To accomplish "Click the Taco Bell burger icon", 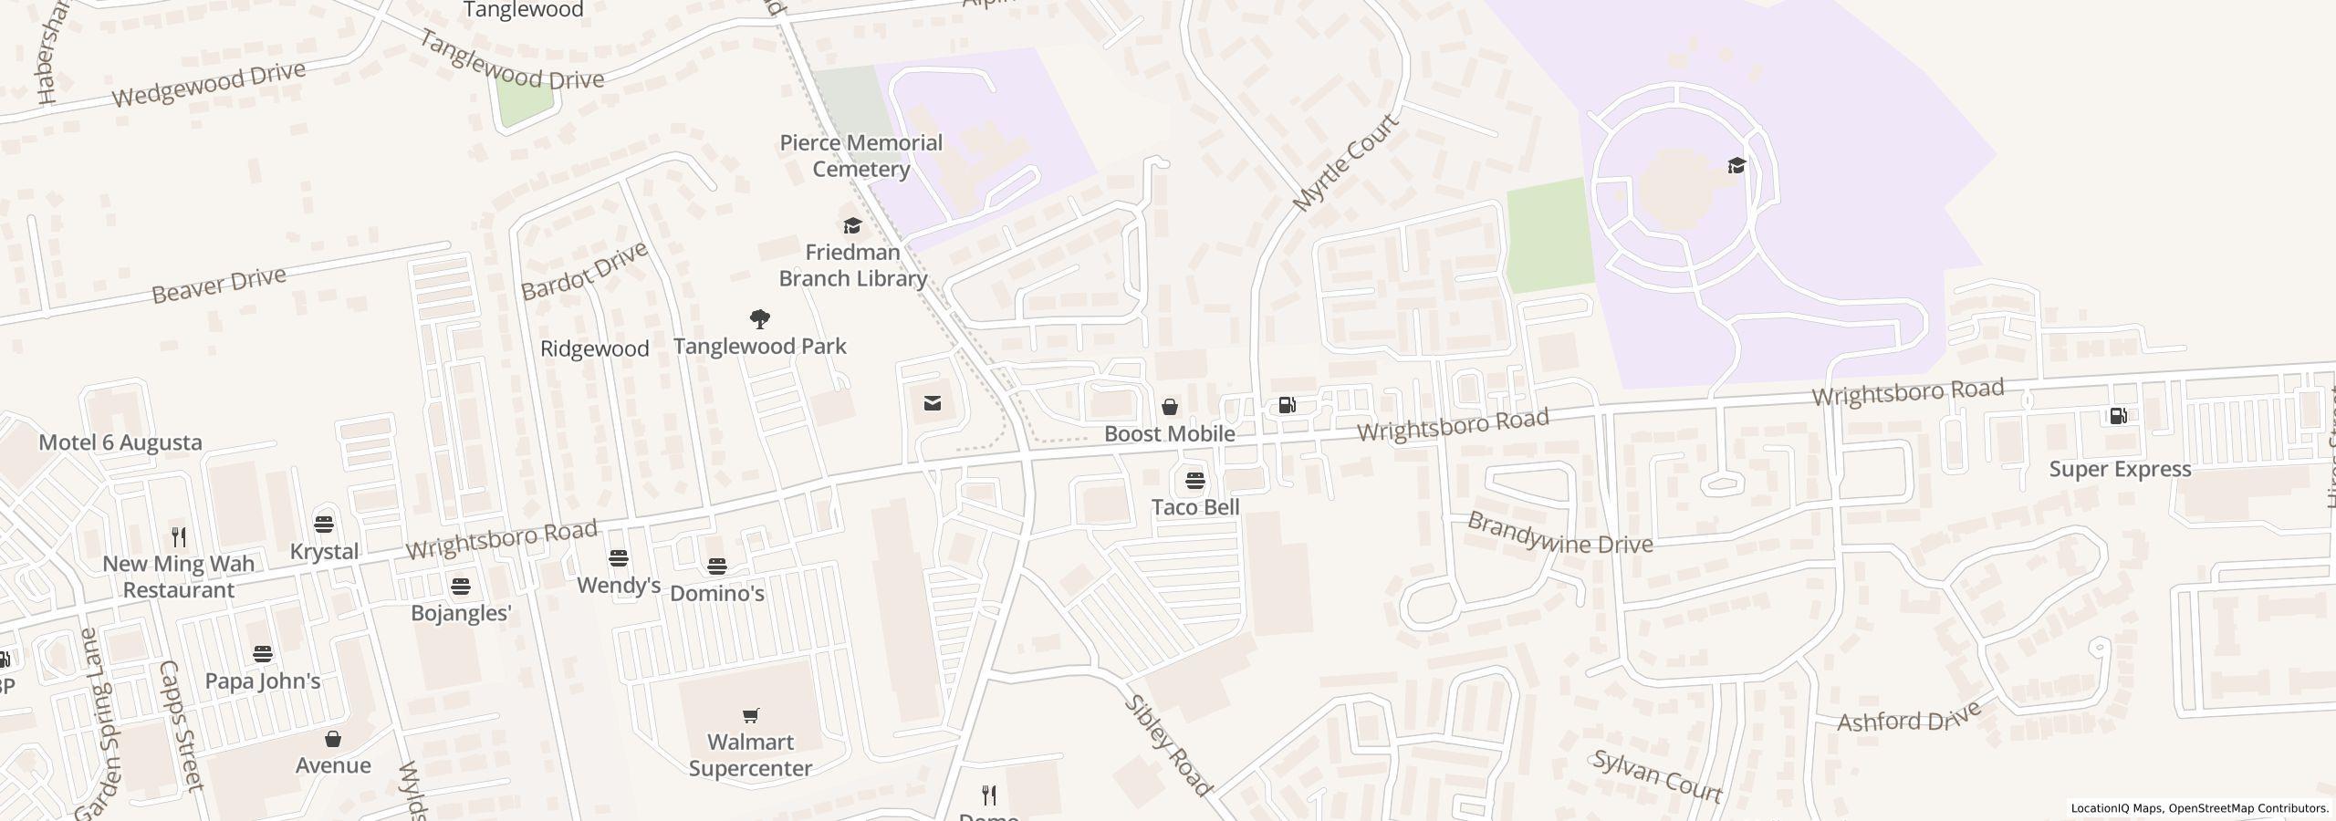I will point(1194,480).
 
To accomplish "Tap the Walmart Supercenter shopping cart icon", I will point(750,715).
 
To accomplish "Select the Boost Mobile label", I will point(1169,433).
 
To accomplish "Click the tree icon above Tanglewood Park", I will point(759,319).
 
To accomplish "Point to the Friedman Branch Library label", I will point(852,265).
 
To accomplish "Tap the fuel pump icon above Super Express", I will point(2118,416).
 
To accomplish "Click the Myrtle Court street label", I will point(1346,163).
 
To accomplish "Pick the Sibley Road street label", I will point(1168,745).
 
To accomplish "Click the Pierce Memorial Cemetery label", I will point(860,156).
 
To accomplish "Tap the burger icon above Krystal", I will point(324,525).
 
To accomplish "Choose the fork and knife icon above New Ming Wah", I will point(179,536).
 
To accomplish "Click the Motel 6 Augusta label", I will point(120,442).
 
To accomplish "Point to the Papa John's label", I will point(263,681).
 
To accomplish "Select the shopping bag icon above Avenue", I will point(333,738).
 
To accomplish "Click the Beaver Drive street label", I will point(219,285).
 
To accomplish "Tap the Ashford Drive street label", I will point(1909,717).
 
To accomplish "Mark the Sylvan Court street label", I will point(1657,776).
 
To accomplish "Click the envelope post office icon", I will point(933,403).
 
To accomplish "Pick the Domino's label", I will point(717,593).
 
